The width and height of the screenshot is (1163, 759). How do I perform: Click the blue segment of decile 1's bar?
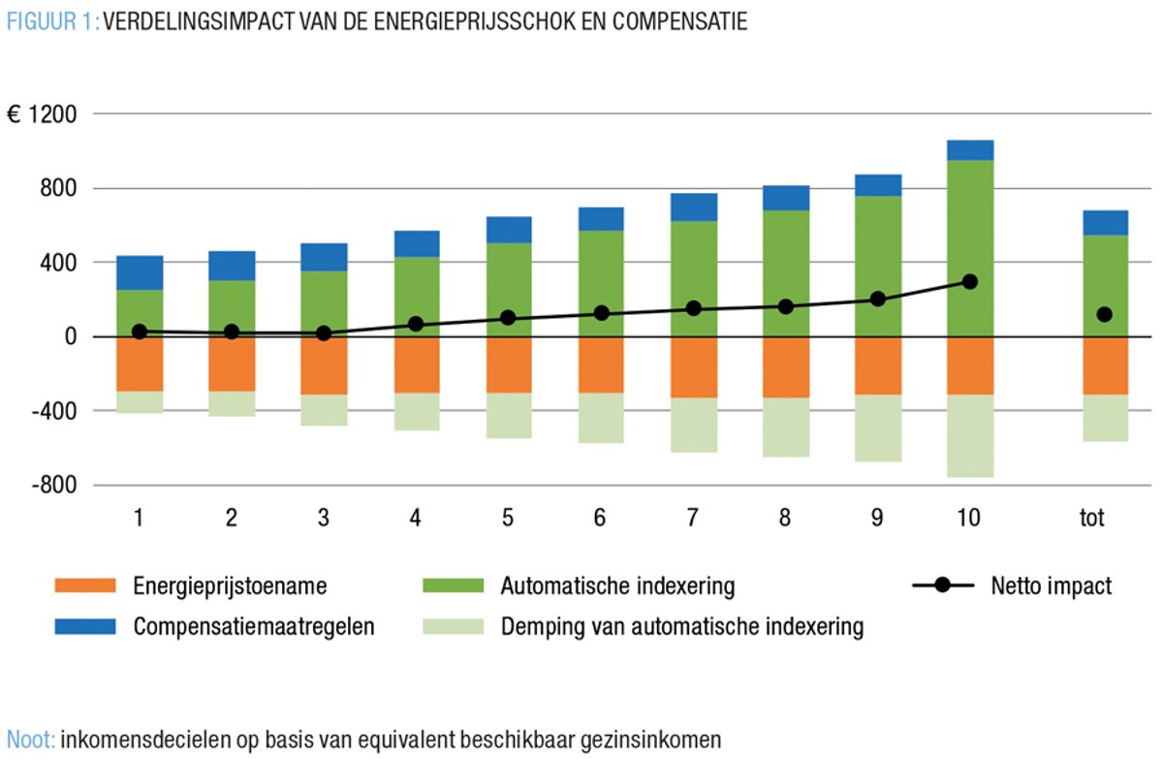pos(140,272)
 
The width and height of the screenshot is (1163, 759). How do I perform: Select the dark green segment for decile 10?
pos(970,248)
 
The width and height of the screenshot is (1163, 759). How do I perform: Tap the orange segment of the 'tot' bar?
pos(1105,365)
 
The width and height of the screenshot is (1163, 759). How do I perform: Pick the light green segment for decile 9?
pos(877,427)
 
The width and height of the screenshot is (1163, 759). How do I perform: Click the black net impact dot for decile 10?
pos(970,282)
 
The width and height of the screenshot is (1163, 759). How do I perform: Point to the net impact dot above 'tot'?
pos(1105,314)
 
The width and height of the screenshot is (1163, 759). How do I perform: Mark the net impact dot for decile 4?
pos(416,324)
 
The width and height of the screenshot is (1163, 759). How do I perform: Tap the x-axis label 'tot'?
pos(1094,518)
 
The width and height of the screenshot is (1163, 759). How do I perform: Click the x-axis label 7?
pos(693,518)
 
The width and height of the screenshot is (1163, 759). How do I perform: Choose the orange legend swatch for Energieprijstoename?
pos(85,585)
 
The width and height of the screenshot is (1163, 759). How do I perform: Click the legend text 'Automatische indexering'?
pos(618,585)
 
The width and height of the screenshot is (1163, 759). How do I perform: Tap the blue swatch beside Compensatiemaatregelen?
pos(85,626)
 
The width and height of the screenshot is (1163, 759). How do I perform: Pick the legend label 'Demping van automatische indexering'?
pos(681,626)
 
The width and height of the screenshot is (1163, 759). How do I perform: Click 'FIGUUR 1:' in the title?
pos(51,22)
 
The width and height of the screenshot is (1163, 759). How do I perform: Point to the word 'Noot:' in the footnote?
pos(31,741)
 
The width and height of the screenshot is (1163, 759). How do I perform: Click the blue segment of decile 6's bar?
pos(601,219)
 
